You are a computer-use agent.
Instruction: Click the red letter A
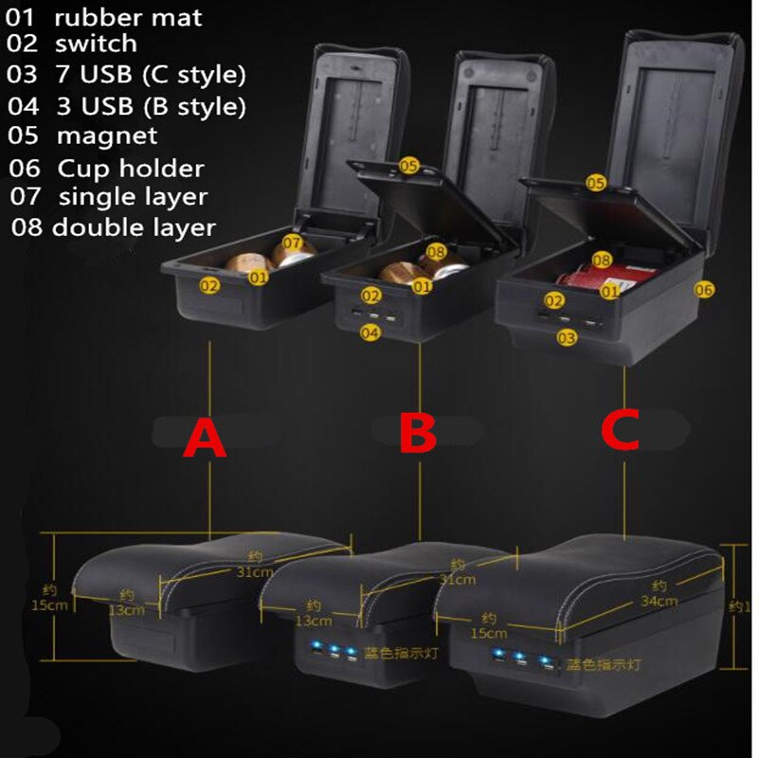click(x=205, y=439)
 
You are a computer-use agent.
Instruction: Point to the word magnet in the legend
click(x=107, y=135)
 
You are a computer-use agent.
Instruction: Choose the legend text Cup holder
click(x=131, y=169)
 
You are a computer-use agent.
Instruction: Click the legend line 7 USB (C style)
click(x=150, y=73)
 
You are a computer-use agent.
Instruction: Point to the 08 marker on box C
click(x=602, y=259)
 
